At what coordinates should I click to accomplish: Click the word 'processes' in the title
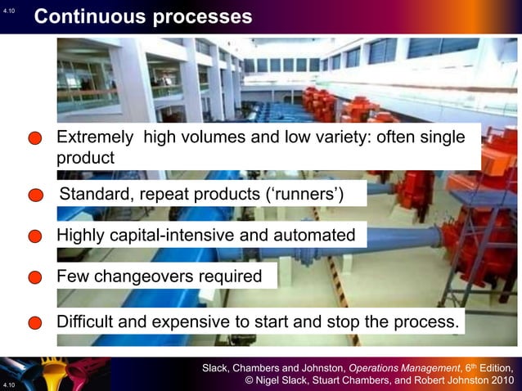205,16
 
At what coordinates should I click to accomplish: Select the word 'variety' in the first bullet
340,137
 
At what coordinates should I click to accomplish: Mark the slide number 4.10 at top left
9,11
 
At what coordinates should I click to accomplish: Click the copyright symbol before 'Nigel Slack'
250,380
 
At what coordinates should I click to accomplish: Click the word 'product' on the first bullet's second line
85,158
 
